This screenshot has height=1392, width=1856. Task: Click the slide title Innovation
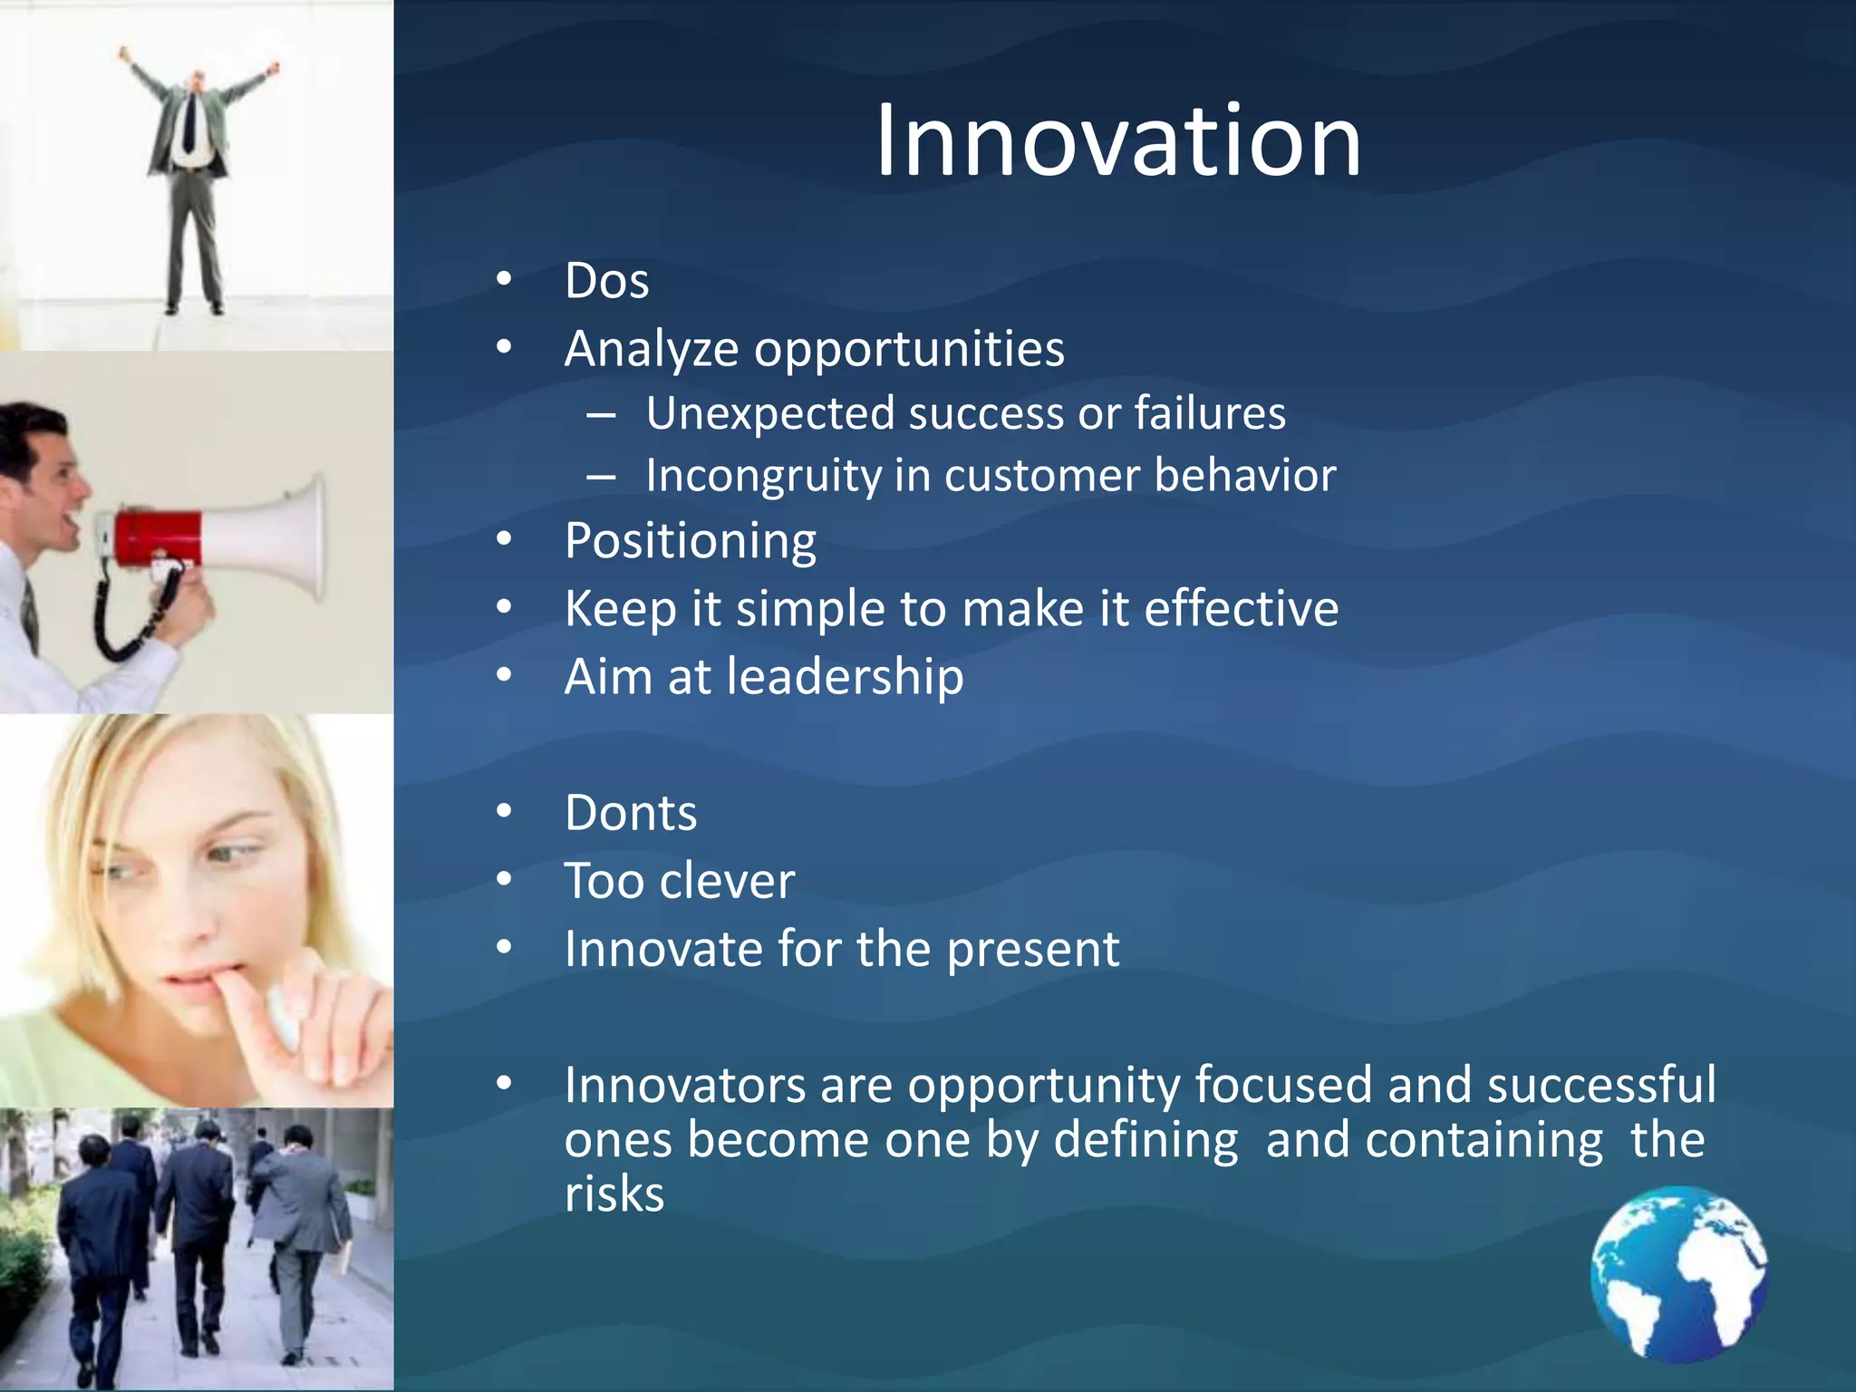pos(1117,140)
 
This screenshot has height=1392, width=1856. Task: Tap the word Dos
pos(606,281)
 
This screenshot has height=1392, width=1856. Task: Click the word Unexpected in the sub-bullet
pos(770,414)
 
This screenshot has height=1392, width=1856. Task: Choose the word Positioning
pos(690,541)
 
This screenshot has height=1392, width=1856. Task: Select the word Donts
pos(631,813)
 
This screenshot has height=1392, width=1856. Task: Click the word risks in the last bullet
pos(614,1194)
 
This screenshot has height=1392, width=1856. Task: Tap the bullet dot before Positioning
pos(505,540)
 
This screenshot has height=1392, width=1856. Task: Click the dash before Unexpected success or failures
pos(601,416)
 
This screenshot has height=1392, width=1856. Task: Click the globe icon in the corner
pos(1678,1273)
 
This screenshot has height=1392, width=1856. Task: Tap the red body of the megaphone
pos(159,536)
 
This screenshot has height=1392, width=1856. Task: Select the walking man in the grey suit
pos(304,1232)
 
